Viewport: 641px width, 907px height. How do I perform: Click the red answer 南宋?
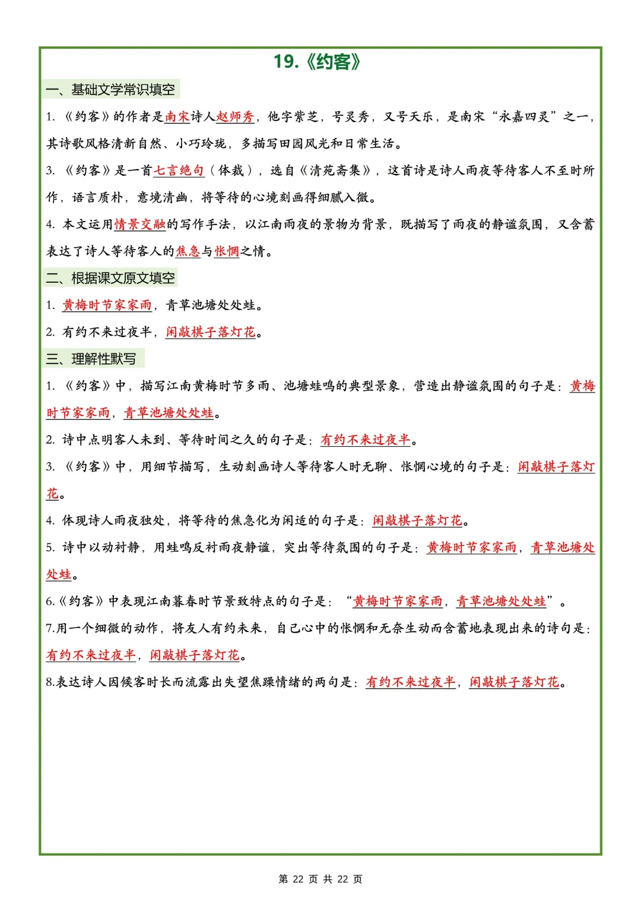click(177, 116)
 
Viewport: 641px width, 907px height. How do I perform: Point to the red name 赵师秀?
click(235, 116)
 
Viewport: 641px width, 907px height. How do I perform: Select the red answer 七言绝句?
click(179, 170)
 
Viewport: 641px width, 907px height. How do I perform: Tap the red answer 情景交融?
click(139, 224)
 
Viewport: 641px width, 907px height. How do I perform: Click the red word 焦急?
click(188, 251)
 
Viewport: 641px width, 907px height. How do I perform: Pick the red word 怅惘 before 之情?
click(227, 251)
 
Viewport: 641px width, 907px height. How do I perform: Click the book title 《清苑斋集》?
click(335, 170)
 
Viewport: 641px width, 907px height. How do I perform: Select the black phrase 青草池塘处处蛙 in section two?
click(211, 305)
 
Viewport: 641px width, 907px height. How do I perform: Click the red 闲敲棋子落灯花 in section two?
click(211, 332)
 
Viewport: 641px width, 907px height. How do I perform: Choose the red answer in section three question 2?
click(365, 440)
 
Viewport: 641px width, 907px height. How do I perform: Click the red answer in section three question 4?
click(417, 521)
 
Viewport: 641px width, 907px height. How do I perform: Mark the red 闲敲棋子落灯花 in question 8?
click(514, 682)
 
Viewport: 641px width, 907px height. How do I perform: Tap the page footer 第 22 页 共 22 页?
click(320, 879)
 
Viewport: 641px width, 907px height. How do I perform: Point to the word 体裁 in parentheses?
click(231, 170)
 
